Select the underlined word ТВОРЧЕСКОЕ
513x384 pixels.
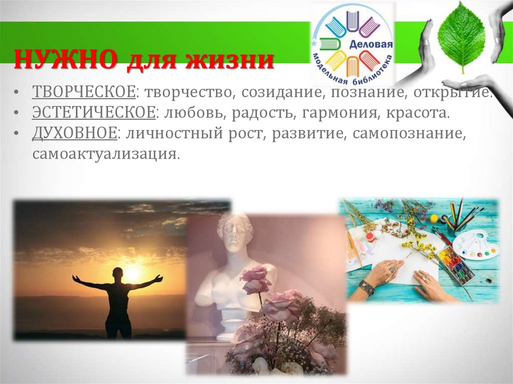coord(84,92)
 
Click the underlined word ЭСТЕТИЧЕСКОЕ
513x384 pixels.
coord(94,113)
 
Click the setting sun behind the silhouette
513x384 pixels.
coord(133,273)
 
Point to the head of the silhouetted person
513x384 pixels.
coord(118,273)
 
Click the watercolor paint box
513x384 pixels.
coord(456,265)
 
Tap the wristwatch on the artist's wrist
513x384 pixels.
coord(366,287)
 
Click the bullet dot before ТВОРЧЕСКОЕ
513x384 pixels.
coord(17,93)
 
